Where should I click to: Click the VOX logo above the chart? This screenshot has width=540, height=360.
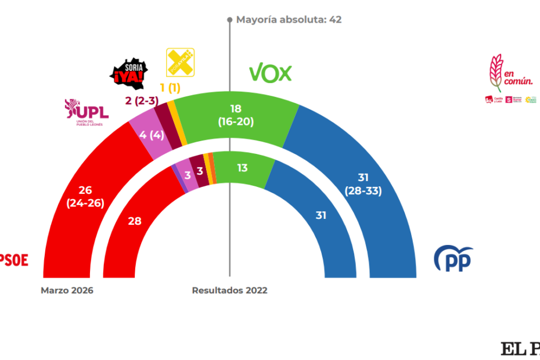[x=270, y=73]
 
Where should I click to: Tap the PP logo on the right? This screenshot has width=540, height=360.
[x=453, y=258]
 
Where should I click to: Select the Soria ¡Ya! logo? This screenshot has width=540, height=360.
[x=129, y=72]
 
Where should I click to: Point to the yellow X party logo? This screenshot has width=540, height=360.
[x=180, y=62]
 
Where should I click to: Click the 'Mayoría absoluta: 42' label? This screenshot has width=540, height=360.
[x=289, y=20]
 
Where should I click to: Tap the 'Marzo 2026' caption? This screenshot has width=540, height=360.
[x=67, y=290]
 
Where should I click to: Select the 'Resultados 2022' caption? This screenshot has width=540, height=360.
[x=229, y=290]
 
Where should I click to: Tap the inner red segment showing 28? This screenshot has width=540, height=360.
[x=135, y=221]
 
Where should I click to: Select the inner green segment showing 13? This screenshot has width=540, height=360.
[x=241, y=168]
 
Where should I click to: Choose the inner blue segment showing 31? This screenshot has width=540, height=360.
[x=320, y=215]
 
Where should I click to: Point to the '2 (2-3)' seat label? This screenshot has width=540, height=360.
[x=141, y=101]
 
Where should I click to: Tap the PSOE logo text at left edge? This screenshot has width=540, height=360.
[x=14, y=260]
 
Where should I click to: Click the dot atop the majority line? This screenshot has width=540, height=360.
[x=229, y=20]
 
